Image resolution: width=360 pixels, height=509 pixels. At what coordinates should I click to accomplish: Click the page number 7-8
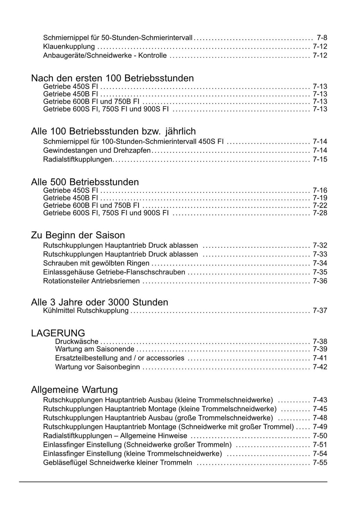tap(322, 37)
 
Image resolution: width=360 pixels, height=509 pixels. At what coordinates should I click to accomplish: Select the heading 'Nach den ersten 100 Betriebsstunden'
tap(112, 78)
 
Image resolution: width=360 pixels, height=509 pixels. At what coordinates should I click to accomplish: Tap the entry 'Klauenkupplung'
tap(69, 46)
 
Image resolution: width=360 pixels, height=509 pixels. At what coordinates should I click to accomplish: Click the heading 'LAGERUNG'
tap(58, 333)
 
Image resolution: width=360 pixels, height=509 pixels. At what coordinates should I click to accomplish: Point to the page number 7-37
tap(320, 311)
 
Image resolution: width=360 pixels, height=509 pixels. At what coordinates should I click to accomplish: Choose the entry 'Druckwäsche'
tap(77, 341)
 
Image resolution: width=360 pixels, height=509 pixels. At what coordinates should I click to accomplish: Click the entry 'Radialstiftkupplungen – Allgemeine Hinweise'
tap(115, 436)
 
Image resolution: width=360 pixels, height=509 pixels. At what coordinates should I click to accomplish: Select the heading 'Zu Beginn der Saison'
tap(78, 235)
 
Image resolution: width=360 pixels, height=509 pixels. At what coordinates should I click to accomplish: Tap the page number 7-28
tap(320, 213)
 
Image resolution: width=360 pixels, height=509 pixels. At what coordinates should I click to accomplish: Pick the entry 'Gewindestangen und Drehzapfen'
tap(97, 151)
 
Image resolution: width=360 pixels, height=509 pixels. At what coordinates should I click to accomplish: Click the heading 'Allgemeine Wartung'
tap(75, 390)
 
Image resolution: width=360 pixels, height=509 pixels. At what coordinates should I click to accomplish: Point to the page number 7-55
tap(320, 463)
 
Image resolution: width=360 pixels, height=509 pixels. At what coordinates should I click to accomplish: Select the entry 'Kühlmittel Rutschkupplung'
tap(86, 311)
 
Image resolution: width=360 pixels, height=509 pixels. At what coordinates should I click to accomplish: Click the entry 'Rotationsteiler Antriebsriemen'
tap(91, 281)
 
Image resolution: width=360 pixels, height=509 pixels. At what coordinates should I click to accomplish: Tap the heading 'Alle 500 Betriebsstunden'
tap(85, 182)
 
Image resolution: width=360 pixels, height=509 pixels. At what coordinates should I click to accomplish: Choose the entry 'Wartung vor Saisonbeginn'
tap(97, 367)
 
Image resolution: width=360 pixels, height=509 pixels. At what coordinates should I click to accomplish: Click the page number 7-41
tap(320, 358)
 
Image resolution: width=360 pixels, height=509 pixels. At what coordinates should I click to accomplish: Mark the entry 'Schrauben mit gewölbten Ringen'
tap(96, 263)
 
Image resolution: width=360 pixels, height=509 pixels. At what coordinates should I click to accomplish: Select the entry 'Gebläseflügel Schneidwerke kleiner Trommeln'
tap(118, 463)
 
